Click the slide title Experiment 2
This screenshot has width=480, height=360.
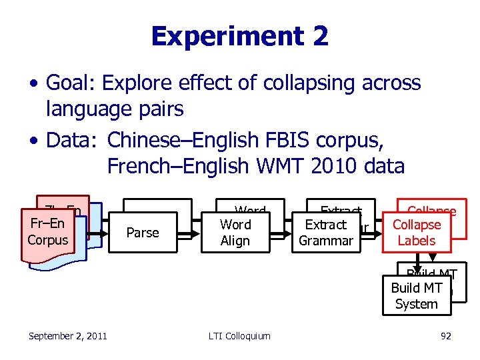click(239, 36)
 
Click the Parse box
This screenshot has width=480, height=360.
click(143, 233)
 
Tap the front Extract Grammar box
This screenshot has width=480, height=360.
click(325, 233)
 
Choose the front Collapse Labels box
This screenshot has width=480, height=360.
click(417, 233)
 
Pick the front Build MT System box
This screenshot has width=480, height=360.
click(416, 296)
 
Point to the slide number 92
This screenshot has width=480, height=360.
click(446, 336)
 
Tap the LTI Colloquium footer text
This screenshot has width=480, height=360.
click(239, 336)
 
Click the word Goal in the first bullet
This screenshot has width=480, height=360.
click(69, 83)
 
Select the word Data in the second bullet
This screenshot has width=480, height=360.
click(69, 141)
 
